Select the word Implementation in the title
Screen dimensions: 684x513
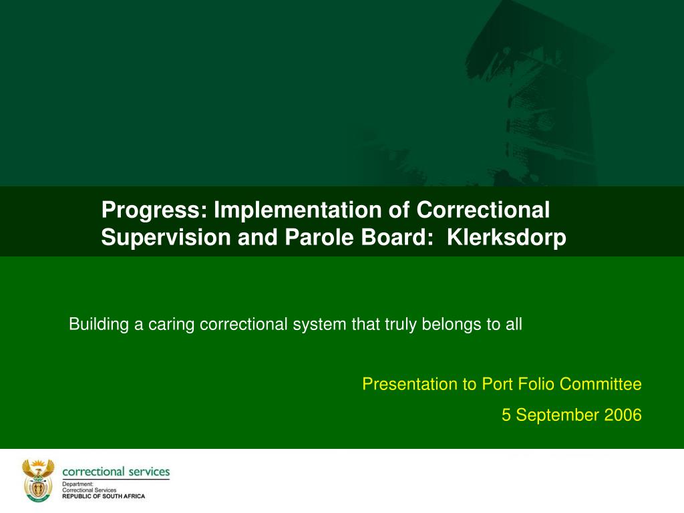tap(298, 210)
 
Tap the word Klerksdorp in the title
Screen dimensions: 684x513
tap(506, 238)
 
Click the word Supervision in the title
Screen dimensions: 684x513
tap(166, 238)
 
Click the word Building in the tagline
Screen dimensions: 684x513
tap(99, 325)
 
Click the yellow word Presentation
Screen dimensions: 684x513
tap(412, 384)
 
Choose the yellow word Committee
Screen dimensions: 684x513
tap(601, 384)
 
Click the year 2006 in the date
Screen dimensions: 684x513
tap(623, 415)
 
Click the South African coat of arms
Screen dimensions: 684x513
tap(38, 480)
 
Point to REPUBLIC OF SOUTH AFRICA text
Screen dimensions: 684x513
tap(104, 496)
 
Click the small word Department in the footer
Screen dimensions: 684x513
tap(77, 484)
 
